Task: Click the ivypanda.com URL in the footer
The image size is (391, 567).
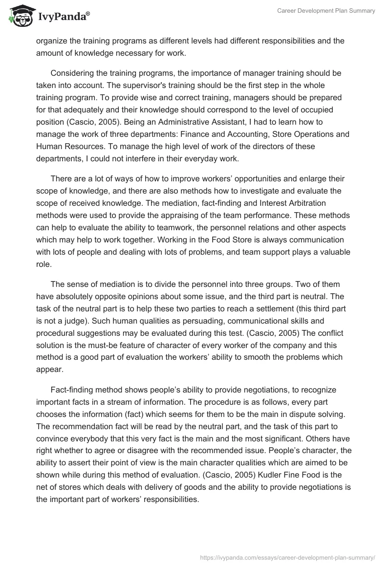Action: pos(288,557)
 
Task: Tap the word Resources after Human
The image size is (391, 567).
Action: pos(83,146)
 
